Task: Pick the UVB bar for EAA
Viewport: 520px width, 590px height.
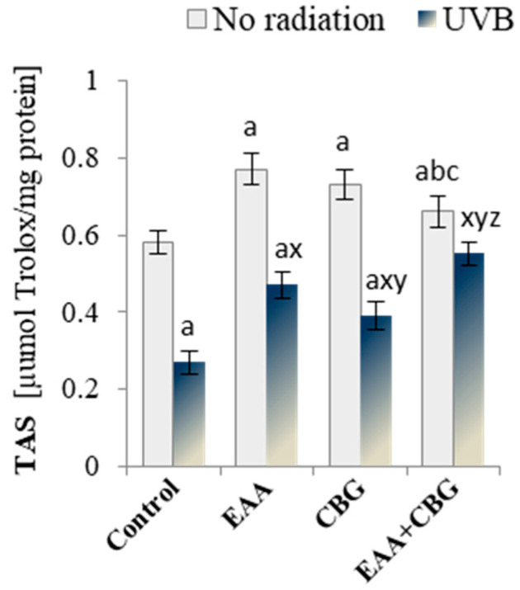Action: pyautogui.click(x=283, y=375)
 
